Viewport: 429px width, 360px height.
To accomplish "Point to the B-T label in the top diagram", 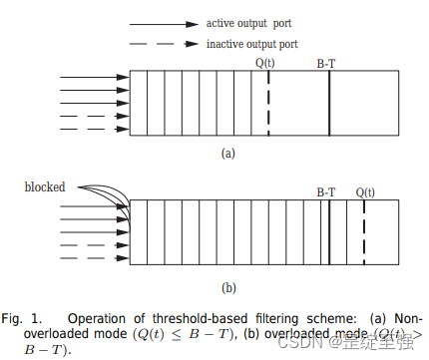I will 327,62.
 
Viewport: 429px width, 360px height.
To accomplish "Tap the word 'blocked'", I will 45,185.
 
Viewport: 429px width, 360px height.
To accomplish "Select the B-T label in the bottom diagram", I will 326,189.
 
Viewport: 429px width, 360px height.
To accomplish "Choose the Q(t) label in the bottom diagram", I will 365,189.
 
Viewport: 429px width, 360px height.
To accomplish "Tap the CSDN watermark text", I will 312,342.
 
